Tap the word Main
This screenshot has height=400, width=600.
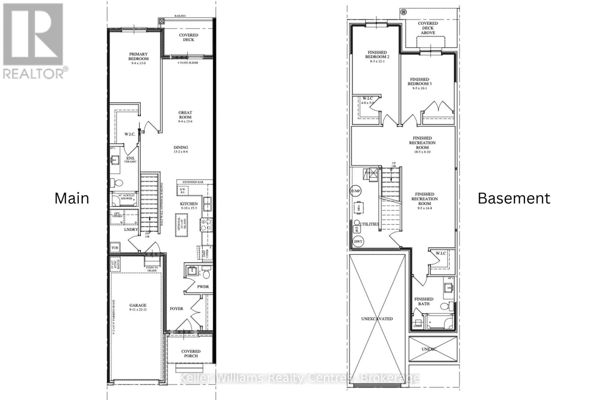click(72, 198)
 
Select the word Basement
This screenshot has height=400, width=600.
click(514, 198)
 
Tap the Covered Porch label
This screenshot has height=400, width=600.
click(191, 354)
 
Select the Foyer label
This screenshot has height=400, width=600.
click(176, 309)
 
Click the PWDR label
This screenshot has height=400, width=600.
click(203, 287)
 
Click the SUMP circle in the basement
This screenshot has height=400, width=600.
click(355, 191)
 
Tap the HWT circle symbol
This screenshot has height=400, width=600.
click(358, 241)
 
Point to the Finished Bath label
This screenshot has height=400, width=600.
click(424, 301)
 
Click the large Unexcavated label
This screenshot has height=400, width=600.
click(377, 319)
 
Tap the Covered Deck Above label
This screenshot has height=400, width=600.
click(428, 28)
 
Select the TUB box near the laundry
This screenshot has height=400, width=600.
click(115, 248)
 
